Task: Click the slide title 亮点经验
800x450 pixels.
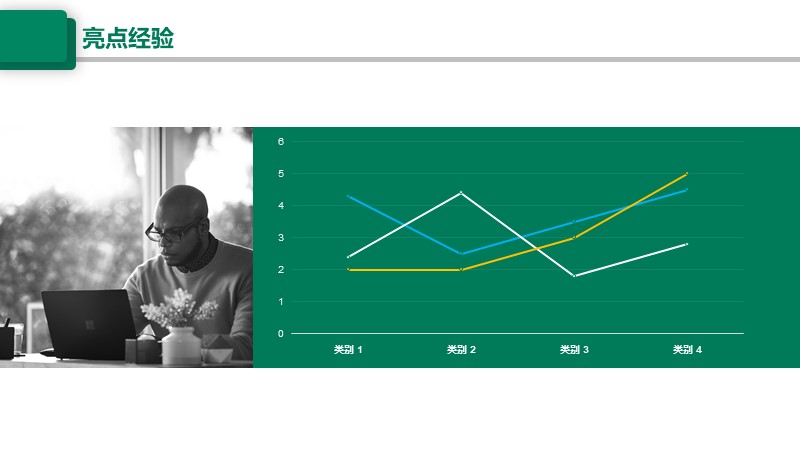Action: [128, 38]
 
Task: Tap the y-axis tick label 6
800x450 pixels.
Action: [281, 141]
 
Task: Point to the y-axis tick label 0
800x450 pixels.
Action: [281, 334]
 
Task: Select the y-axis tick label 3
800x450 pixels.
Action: [281, 238]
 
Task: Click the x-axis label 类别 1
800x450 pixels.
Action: [348, 349]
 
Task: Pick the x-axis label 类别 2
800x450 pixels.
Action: [461, 349]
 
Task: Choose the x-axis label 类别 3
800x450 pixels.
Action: [574, 349]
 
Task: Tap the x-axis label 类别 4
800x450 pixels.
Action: [687, 349]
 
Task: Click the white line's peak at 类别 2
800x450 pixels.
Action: [461, 193]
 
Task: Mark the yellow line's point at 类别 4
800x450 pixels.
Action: [687, 173]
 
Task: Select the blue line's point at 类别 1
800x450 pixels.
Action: [348, 196]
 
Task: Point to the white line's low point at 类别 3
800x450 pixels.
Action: [574, 276]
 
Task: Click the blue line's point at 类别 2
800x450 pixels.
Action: [461, 254]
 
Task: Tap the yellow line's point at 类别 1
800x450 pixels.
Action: [348, 269]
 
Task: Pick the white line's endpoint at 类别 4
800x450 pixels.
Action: [687, 244]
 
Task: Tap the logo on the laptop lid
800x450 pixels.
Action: [90, 325]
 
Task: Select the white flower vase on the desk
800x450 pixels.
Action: [181, 346]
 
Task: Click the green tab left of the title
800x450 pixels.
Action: [37, 40]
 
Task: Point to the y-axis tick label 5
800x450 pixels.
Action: [281, 173]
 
